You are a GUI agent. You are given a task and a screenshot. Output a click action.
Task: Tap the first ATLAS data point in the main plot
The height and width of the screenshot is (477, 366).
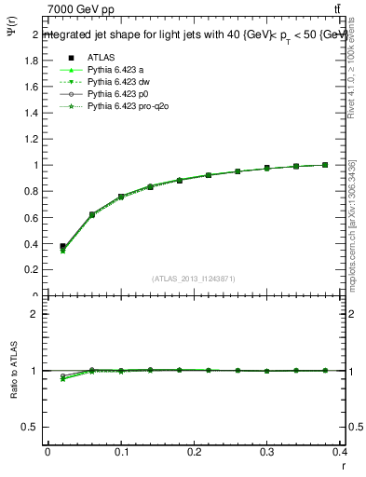coord(62,247)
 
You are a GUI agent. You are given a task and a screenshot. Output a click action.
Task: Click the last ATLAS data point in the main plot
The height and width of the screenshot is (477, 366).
coord(325,165)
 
